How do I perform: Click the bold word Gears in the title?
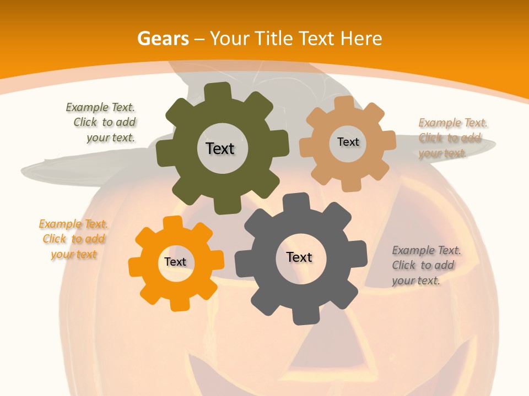point(163,38)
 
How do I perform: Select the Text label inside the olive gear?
point(220,148)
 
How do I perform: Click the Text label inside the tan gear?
point(348,142)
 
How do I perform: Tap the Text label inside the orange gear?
point(175,262)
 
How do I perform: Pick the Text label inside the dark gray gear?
point(299,257)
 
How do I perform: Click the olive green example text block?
point(101,123)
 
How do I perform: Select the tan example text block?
point(452,138)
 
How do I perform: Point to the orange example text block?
point(73,239)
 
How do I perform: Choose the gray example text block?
point(425,265)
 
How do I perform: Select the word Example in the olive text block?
point(85,108)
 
